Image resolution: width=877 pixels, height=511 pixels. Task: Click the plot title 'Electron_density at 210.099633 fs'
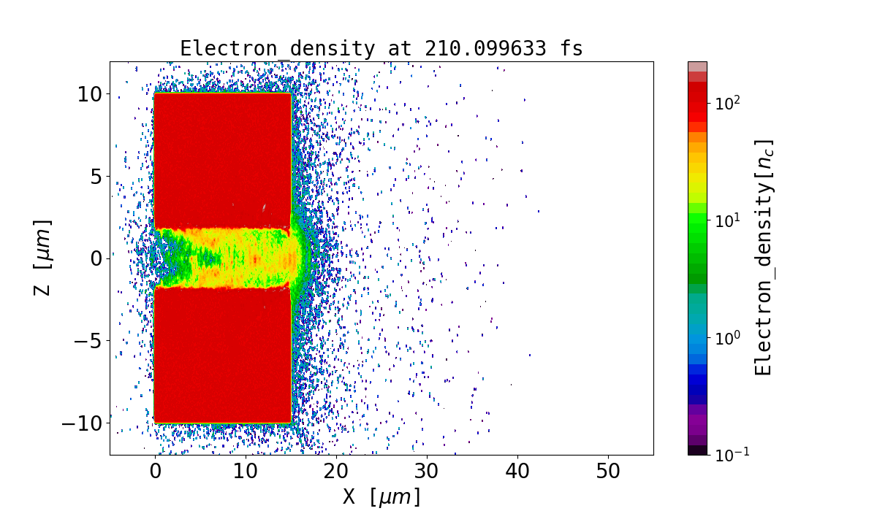(381, 49)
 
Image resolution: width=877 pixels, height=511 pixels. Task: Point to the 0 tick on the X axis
(155, 472)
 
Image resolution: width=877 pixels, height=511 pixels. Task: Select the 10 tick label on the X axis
(246, 472)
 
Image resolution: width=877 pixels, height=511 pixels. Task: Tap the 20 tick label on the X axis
(336, 472)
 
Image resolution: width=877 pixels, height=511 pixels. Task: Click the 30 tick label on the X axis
(427, 472)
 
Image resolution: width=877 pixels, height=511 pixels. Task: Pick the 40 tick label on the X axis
(517, 472)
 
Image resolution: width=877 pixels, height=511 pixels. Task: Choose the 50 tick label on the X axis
(608, 472)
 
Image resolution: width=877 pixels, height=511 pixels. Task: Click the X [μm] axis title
(381, 497)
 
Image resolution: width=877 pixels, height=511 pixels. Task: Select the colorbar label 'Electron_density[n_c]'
(764, 257)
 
